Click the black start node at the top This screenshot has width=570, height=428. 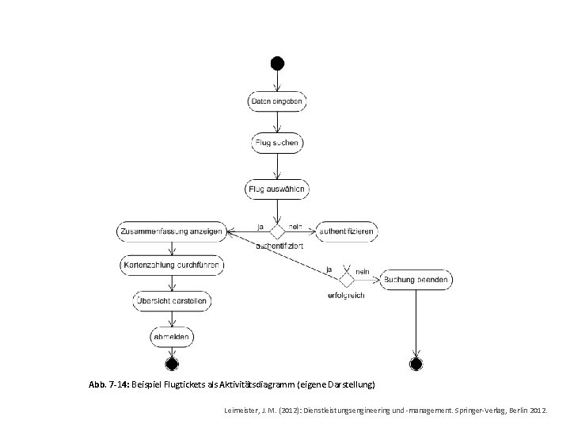[x=276, y=63]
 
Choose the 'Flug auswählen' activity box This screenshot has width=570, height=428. [x=277, y=189]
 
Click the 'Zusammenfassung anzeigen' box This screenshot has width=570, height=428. [x=172, y=231]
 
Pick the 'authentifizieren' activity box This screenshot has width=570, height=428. [x=346, y=231]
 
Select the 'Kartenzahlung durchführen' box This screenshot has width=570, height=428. [x=172, y=264]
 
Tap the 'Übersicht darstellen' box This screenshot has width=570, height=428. [x=171, y=300]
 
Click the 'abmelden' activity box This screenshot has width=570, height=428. [x=171, y=337]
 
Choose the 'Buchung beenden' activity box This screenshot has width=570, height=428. [x=417, y=279]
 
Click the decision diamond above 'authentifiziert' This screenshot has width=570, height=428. [x=277, y=231]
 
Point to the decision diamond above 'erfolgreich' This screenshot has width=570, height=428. [x=346, y=280]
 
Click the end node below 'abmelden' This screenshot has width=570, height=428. [x=171, y=364]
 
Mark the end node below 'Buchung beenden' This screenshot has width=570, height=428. [x=416, y=364]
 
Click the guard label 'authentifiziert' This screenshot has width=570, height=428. [x=276, y=246]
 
